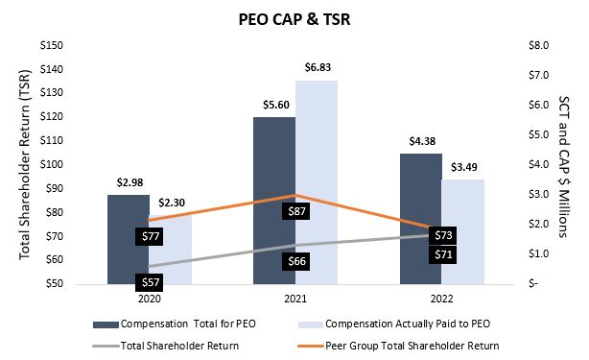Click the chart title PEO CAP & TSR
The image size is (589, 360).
click(294, 18)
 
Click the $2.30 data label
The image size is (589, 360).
click(174, 201)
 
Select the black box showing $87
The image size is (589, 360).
click(297, 210)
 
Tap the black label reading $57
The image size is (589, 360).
click(148, 282)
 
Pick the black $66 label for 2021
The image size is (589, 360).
click(297, 261)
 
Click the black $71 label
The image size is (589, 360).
click(442, 255)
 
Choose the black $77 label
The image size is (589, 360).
click(148, 235)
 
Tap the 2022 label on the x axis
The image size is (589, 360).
click(441, 299)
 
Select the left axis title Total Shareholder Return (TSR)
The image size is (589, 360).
click(26, 165)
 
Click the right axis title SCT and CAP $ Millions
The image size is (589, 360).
click(563, 165)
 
